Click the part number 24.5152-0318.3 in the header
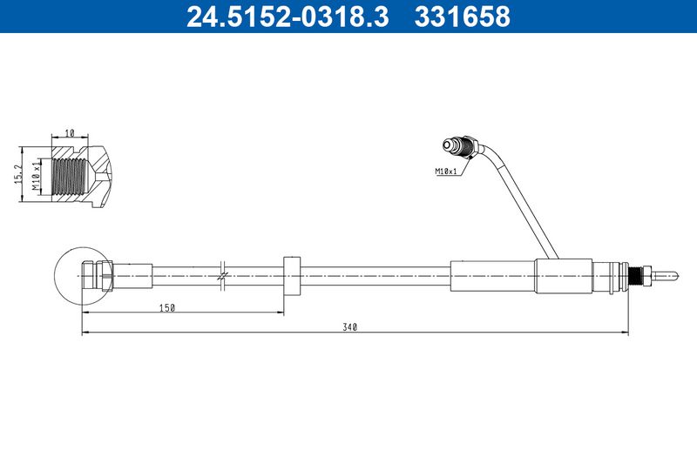click(288, 17)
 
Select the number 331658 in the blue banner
click(463, 17)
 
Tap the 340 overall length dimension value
click(350, 327)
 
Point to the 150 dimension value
click(167, 307)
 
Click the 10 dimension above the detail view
click(70, 132)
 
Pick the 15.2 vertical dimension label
click(18, 173)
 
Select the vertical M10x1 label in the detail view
click(36, 176)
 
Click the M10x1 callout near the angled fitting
click(446, 171)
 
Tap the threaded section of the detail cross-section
click(70, 176)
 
